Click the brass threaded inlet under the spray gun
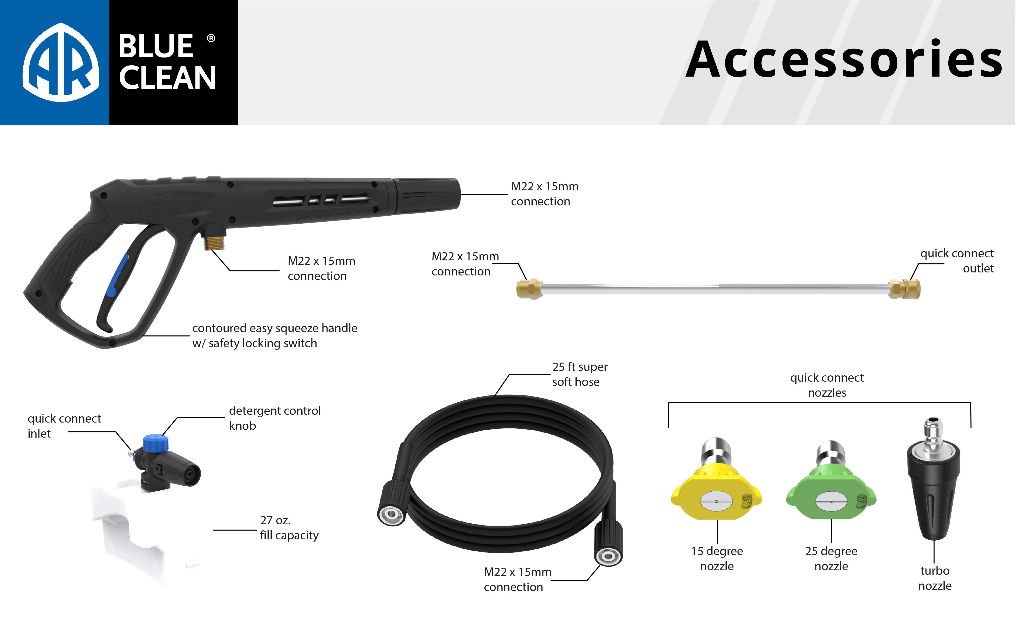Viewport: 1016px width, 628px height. tap(214, 241)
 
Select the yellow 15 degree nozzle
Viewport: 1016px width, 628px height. tap(716, 494)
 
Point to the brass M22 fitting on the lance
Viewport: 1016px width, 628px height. tap(529, 289)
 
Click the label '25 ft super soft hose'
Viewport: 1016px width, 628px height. tap(579, 374)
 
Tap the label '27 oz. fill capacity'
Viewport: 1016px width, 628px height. tap(289, 528)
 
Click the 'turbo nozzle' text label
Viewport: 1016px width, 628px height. tap(935, 578)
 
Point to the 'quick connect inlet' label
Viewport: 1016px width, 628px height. tap(64, 426)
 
